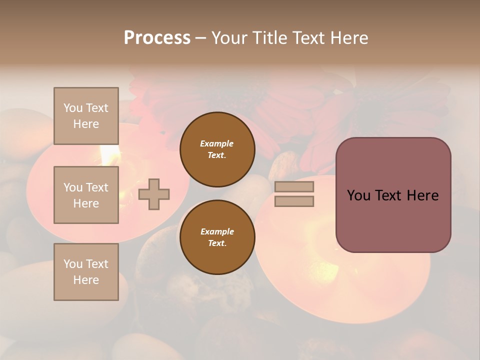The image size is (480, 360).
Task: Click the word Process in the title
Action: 157,38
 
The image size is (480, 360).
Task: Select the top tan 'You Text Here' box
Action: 86,116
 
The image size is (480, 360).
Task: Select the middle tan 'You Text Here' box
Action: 86,195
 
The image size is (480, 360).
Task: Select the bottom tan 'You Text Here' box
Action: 86,272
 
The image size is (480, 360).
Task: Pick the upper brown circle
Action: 217,149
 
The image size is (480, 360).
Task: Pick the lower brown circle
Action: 217,237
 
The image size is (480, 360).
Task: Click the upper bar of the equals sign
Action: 294,187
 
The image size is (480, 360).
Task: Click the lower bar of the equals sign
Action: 294,201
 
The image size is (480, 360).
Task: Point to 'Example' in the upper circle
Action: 216,143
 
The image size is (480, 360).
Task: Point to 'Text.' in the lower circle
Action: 216,243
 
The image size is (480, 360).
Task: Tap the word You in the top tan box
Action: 73,108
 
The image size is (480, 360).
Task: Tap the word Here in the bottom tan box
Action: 86,280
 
